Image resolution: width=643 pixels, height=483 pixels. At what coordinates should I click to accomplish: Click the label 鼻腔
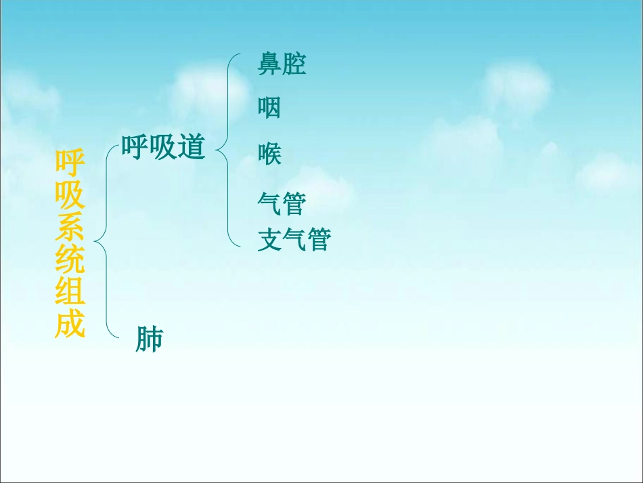click(282, 64)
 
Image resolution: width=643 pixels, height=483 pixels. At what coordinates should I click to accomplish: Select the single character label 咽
click(269, 108)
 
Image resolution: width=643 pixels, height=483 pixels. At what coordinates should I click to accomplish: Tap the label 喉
click(269, 154)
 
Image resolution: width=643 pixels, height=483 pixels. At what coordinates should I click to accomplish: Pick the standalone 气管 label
click(282, 203)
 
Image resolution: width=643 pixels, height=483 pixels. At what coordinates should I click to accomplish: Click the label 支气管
click(294, 239)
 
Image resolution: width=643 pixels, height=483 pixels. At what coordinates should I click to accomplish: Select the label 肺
click(149, 339)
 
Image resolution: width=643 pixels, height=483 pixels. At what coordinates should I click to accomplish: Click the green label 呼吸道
click(163, 147)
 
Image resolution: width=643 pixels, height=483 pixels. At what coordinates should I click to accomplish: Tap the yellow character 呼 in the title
click(70, 163)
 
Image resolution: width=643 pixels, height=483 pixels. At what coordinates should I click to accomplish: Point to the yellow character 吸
click(70, 196)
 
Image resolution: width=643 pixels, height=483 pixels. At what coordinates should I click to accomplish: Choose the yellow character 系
click(70, 230)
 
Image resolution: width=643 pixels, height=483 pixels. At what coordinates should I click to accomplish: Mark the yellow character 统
click(70, 262)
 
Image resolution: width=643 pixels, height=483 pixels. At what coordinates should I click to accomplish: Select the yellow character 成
click(70, 326)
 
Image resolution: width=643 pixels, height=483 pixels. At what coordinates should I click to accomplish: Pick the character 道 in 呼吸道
click(192, 147)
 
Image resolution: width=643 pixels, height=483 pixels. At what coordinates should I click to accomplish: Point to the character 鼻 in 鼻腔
click(269, 64)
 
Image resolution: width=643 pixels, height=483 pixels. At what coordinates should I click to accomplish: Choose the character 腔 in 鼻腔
click(294, 64)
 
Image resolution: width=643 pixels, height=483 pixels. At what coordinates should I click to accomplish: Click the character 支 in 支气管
click(269, 239)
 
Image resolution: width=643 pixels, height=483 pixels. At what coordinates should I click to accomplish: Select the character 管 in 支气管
click(318, 239)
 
